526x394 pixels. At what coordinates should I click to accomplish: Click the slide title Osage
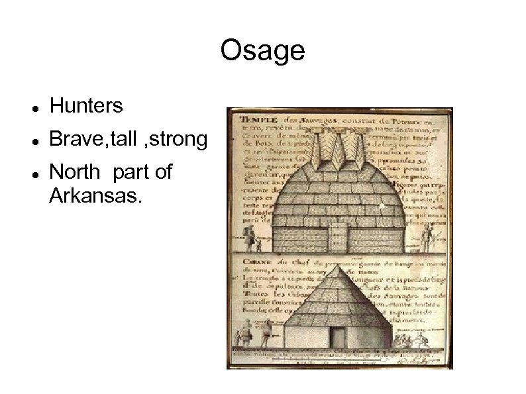(x=262, y=50)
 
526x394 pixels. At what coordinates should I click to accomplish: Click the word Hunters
(x=86, y=105)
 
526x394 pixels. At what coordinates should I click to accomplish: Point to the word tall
(x=125, y=139)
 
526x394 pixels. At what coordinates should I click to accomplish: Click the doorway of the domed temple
(x=339, y=235)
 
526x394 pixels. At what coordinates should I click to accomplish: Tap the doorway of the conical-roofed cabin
(x=339, y=335)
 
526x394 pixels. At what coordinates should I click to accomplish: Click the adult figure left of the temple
(x=249, y=238)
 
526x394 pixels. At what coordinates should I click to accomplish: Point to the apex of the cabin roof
(x=339, y=268)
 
